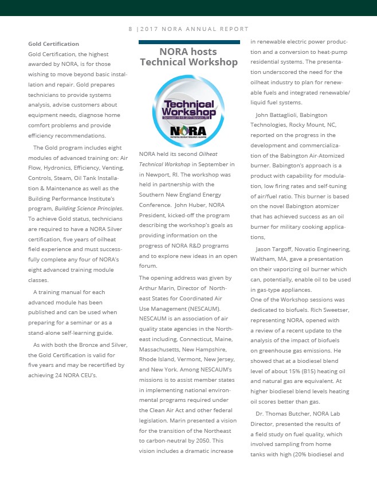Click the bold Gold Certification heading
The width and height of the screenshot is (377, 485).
click(54, 44)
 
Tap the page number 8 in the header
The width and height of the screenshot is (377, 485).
click(130, 29)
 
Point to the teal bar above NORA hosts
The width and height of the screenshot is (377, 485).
click(189, 42)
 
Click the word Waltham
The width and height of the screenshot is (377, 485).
click(264, 259)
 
